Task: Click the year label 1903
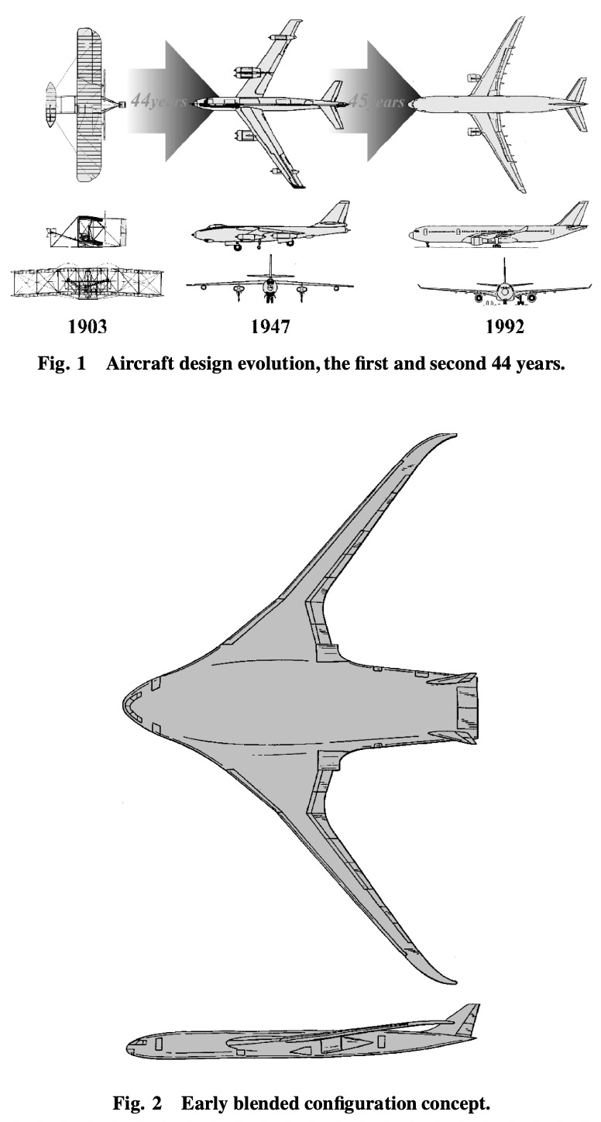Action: pyautogui.click(x=87, y=326)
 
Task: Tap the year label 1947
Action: pyautogui.click(x=270, y=326)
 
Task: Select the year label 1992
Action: pyautogui.click(x=504, y=326)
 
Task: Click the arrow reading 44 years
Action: pyautogui.click(x=167, y=102)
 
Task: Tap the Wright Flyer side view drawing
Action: pyautogui.click(x=86, y=231)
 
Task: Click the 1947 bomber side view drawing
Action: pyautogui.click(x=270, y=229)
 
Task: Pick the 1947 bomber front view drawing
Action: pyautogui.click(x=270, y=284)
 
